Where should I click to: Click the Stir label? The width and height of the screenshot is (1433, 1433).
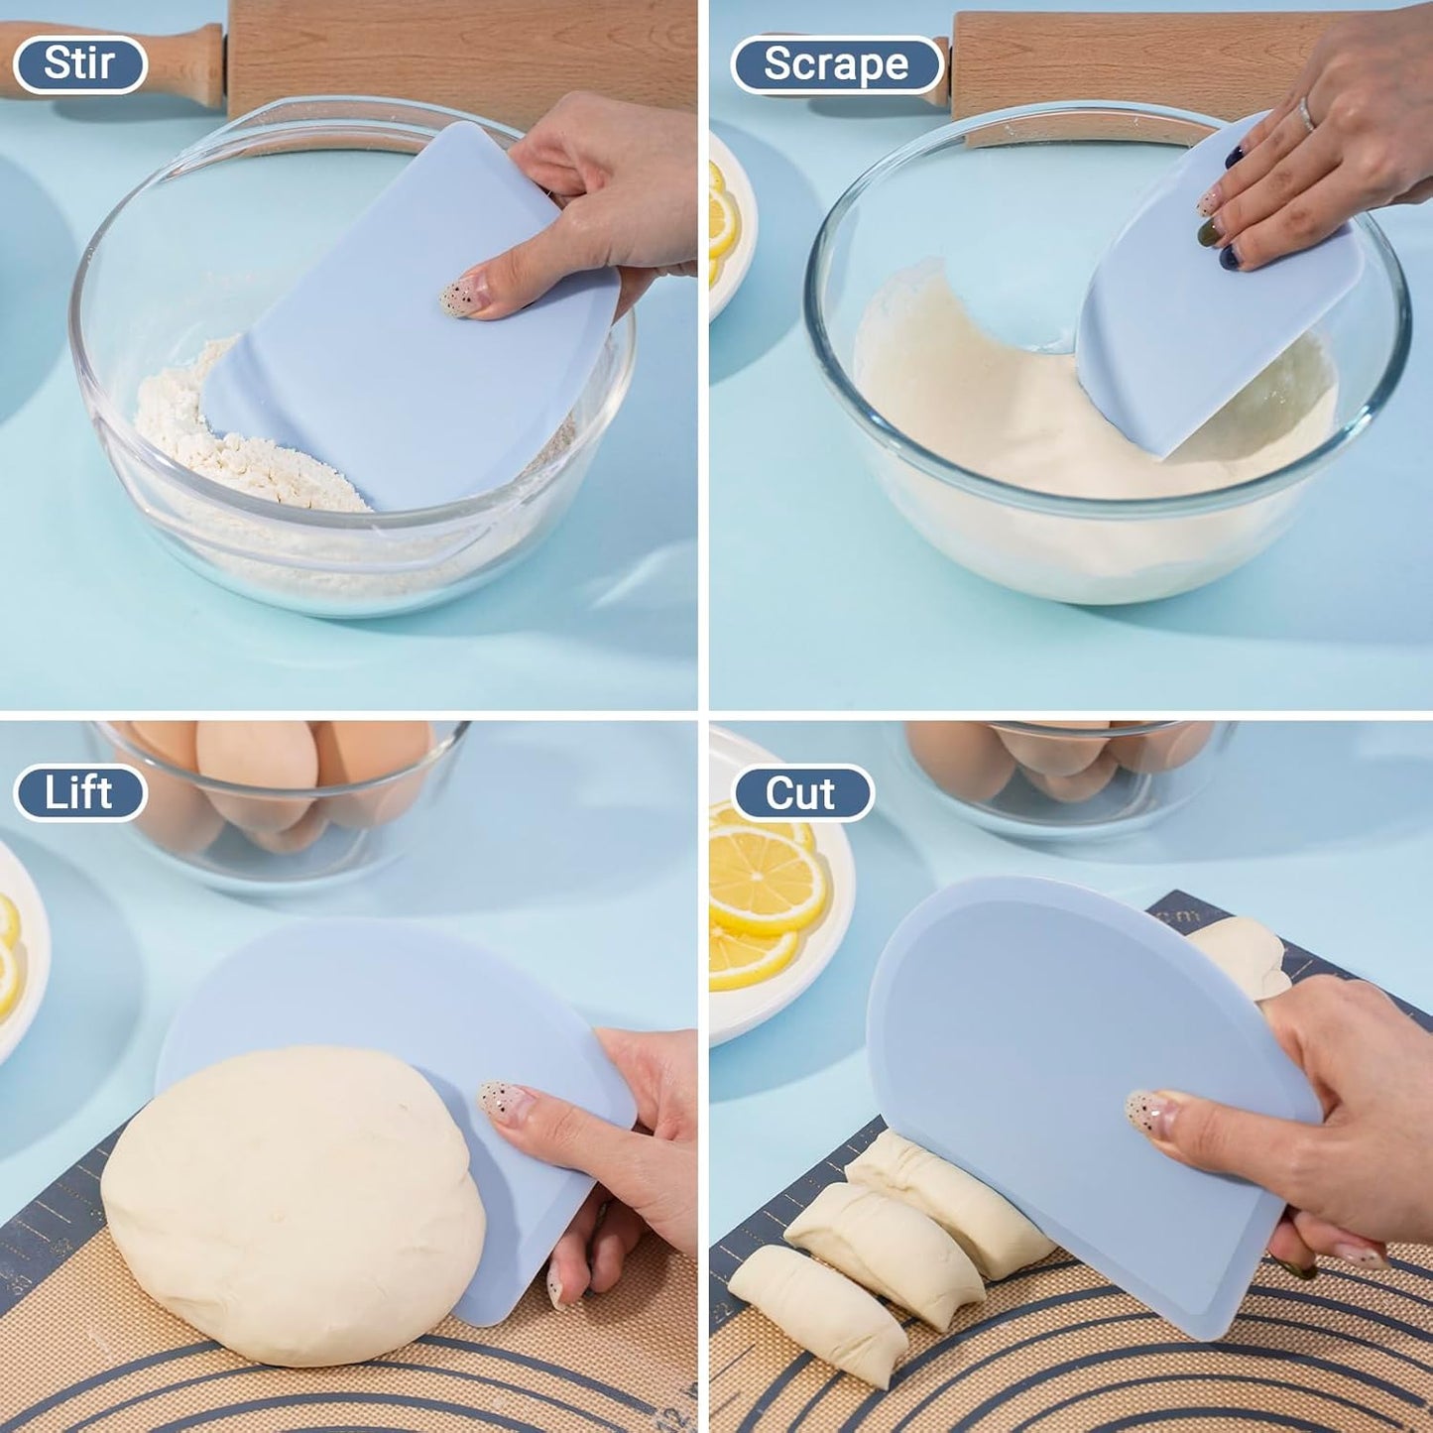79,64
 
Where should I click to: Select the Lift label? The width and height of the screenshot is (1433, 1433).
79,793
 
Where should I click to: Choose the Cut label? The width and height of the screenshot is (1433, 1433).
801,793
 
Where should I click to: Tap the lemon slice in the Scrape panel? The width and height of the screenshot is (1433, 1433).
720,223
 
